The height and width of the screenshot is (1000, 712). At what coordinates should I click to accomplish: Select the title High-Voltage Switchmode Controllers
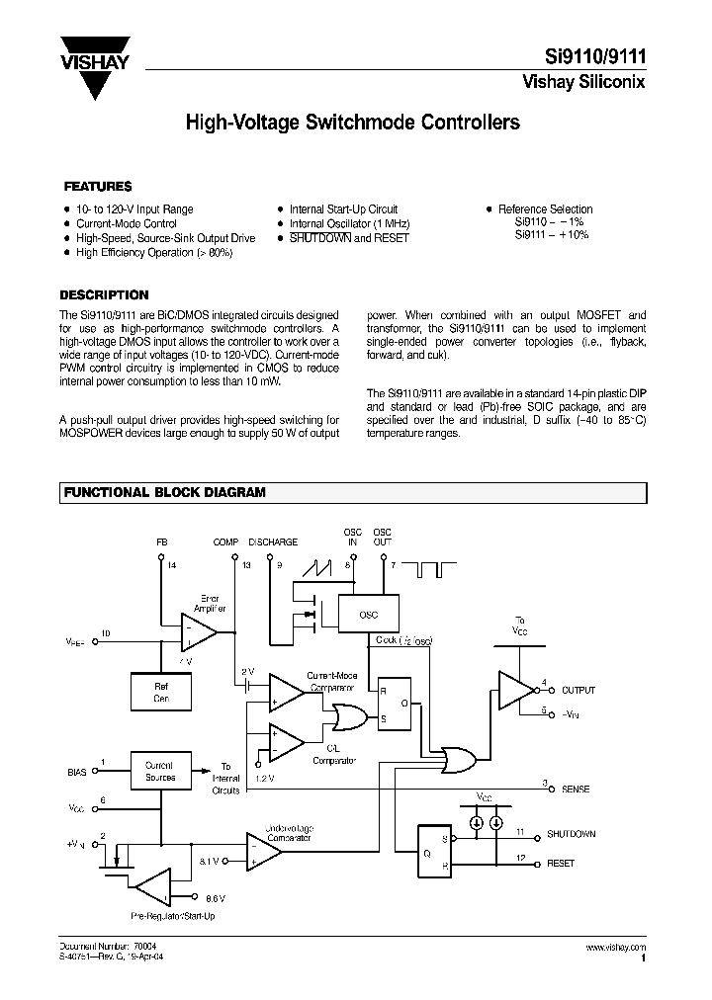(x=353, y=124)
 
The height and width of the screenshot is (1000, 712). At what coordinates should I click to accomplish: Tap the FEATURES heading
(x=98, y=186)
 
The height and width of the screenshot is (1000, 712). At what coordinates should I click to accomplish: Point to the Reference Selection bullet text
(x=545, y=209)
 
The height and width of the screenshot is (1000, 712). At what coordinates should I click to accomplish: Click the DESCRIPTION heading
(x=104, y=294)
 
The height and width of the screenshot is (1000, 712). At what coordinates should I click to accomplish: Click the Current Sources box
(x=160, y=771)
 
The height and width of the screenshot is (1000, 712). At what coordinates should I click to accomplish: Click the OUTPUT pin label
(x=578, y=690)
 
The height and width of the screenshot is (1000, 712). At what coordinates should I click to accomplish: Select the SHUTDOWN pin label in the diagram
(x=572, y=834)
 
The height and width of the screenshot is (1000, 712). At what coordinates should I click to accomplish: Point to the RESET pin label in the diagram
(x=560, y=863)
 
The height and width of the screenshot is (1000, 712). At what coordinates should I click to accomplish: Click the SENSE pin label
(x=577, y=789)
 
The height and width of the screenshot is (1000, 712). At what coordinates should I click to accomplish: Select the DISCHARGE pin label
(x=273, y=542)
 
